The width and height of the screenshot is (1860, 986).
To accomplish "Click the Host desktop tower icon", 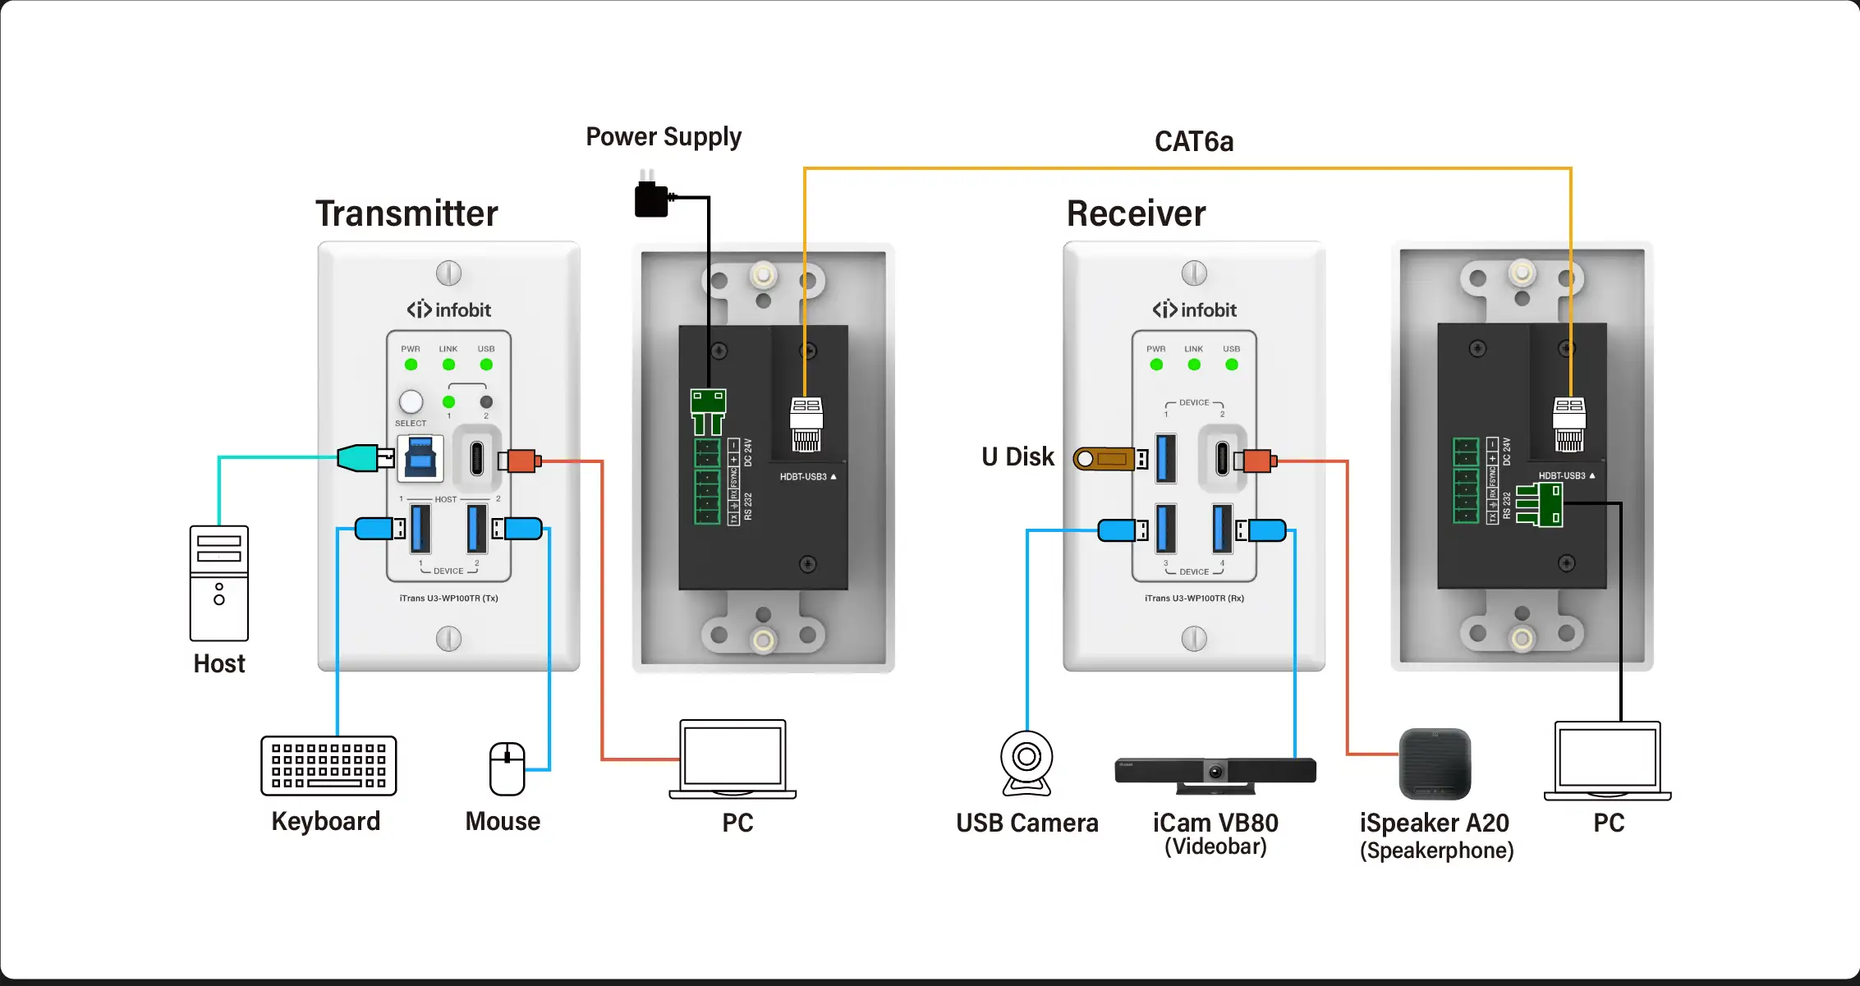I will click(x=218, y=583).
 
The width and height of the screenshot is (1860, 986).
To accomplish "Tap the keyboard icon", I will click(x=328, y=766).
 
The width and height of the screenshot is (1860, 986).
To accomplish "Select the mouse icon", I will click(x=507, y=769).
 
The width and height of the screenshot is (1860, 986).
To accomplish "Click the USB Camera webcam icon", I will click(x=1026, y=763).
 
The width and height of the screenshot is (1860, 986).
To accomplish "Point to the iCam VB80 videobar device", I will click(x=1215, y=773).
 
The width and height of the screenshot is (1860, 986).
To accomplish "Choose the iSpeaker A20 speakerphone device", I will click(x=1435, y=764).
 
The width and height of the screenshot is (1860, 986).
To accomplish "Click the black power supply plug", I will click(x=652, y=199).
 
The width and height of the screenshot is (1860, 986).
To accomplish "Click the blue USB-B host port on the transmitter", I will click(x=421, y=458).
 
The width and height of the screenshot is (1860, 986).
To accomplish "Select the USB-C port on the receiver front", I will click(x=1223, y=458).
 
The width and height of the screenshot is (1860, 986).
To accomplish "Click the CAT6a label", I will click(x=1194, y=142).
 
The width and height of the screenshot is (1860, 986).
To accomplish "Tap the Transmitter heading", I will click(x=407, y=213).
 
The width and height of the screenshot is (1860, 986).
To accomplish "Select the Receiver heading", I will click(x=1136, y=213).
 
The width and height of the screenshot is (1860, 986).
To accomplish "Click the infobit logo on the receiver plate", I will click(x=1194, y=310).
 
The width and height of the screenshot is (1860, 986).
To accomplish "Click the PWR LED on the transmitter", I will click(x=411, y=365).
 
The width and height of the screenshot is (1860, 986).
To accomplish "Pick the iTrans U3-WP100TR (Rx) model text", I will click(x=1194, y=598).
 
